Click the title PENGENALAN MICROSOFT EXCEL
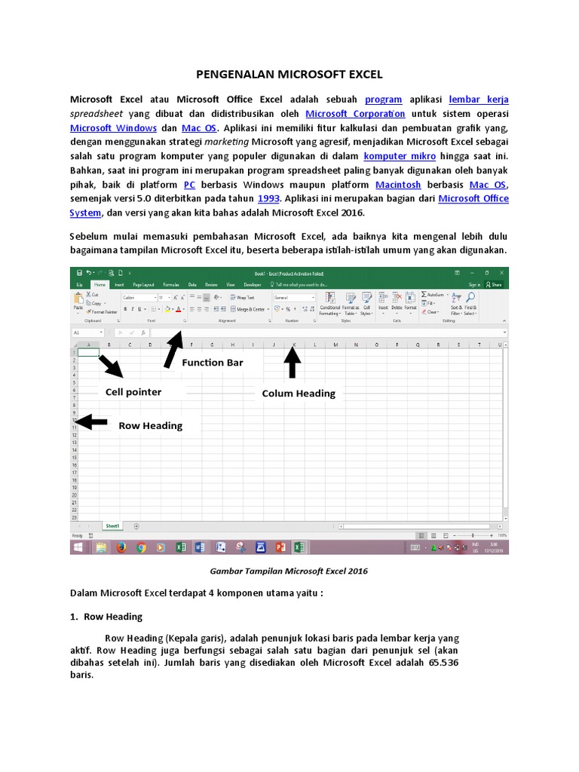(x=289, y=75)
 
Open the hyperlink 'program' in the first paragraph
(x=383, y=100)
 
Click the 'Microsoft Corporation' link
(x=355, y=114)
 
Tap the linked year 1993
(x=268, y=199)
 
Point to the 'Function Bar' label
(x=213, y=363)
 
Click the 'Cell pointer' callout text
(x=133, y=392)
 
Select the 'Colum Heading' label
(x=298, y=394)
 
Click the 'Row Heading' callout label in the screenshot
(x=150, y=426)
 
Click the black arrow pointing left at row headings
(x=91, y=422)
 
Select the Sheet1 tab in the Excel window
(x=112, y=525)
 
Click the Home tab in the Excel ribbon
(x=100, y=285)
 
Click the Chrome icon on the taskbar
(x=140, y=548)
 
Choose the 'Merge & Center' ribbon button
(x=250, y=309)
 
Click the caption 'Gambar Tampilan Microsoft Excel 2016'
(x=289, y=571)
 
